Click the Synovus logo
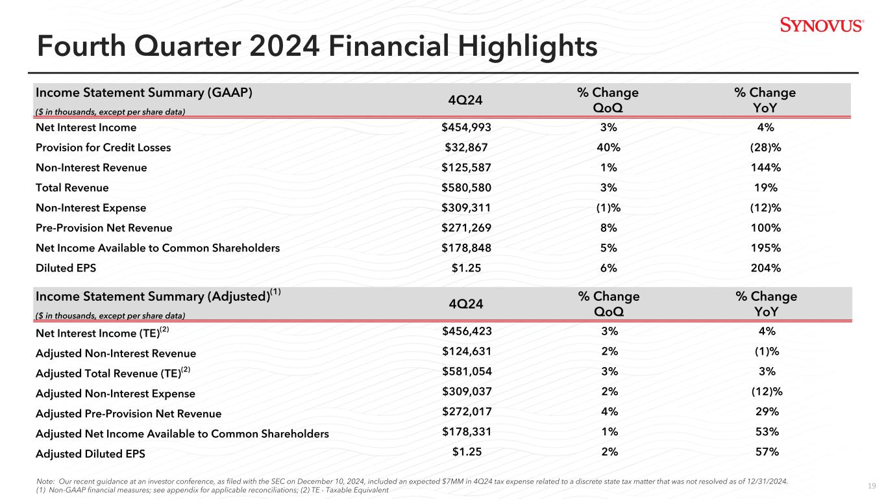pos(822,25)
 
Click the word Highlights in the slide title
pos(528,47)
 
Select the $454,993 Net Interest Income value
pos(466,127)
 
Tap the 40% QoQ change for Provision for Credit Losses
pos(608,147)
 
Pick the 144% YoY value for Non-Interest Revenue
pos(766,168)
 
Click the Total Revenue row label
pos(72,188)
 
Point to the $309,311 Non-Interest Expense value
pos(466,207)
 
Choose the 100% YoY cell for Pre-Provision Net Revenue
pos(766,227)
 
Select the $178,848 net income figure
pos(466,248)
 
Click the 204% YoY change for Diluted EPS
pos(766,268)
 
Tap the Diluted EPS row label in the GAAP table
pos(66,268)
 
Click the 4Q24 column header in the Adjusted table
pos(466,304)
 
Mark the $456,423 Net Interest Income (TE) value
pos(467,331)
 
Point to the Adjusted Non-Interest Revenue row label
pos(116,353)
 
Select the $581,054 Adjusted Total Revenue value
pos(467,371)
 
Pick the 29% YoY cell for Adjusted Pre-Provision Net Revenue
pos(767,411)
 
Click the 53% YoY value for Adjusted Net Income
pos(767,431)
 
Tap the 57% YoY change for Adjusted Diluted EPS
pos(767,452)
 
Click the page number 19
pos(872,486)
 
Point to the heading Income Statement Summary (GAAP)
pos(144,93)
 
